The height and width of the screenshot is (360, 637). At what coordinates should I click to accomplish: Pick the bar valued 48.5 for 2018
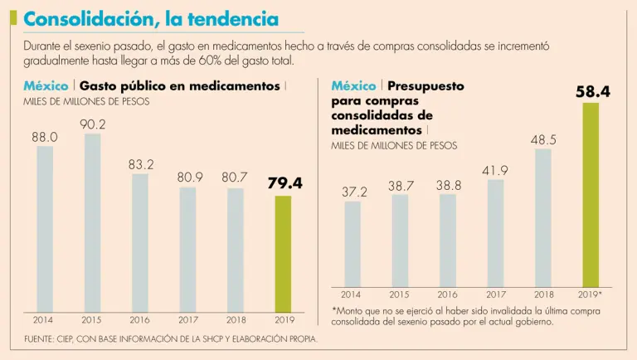coord(542,217)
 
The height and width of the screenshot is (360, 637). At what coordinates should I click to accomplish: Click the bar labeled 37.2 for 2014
coord(353,244)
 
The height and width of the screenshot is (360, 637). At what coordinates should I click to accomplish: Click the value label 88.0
coord(45,137)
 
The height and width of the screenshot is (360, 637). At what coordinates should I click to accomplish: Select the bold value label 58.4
coord(592,93)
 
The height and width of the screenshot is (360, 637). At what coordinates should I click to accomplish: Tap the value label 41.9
coord(495,171)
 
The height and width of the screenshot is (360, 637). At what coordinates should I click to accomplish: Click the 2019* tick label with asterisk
coord(590,294)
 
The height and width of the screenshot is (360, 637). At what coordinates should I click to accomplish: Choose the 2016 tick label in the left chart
coord(139,319)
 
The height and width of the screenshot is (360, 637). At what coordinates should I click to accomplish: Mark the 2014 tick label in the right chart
coord(352,294)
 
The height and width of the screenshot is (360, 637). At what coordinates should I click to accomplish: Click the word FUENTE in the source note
coord(39,338)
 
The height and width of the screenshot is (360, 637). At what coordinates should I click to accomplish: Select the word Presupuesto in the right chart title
coord(425,85)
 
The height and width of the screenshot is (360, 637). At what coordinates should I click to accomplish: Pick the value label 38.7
coord(401,187)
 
